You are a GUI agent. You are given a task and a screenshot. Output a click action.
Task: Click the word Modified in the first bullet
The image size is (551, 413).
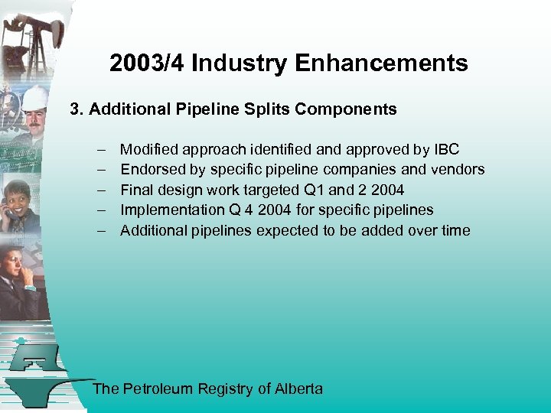[149, 148]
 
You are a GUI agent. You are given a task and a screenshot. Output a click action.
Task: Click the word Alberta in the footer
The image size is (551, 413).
[299, 389]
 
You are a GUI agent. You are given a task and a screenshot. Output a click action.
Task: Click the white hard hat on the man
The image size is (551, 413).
[34, 97]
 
